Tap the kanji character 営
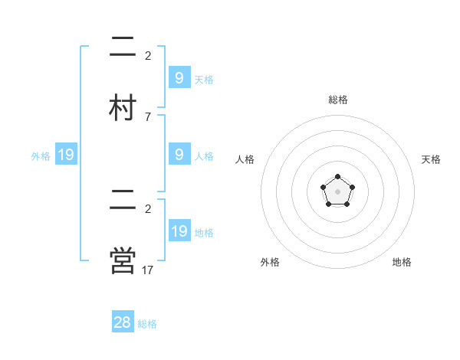123,260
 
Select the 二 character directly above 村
123,47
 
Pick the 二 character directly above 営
123,199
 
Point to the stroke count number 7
147,117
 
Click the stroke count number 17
148,270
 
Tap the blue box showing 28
123,322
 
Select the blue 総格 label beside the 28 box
147,324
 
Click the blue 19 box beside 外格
66,155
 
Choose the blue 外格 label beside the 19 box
41,156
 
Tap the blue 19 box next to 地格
179,231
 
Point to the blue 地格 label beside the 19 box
204,233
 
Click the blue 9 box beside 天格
179,77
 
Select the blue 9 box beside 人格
179,155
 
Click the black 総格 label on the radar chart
338,100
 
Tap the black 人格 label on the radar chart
245,159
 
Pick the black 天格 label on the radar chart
431,159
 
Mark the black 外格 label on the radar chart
270,262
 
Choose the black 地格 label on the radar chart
402,262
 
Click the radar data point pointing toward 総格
338,178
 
